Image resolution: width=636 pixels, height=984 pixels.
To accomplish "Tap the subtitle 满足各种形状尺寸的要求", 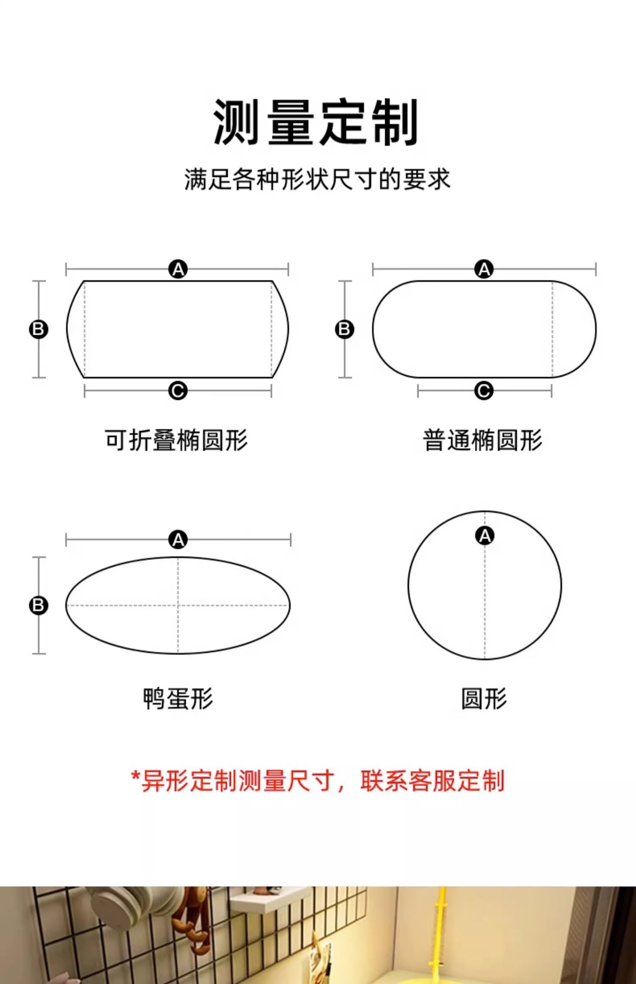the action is coord(317,179).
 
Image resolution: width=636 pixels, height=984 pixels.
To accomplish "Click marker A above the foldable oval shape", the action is coord(178,269).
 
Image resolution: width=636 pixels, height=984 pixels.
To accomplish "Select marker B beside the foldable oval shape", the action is coord(38,329).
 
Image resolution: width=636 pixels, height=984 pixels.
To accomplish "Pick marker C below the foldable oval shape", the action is coord(178,391).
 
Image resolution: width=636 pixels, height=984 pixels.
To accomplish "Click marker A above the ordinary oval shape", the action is coord(484,269).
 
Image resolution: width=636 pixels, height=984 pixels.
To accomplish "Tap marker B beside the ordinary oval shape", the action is coord(345,329).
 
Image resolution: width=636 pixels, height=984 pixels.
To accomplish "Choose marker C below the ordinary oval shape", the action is coord(484,391).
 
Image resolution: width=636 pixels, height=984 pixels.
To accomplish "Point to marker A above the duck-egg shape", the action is coord(178,540).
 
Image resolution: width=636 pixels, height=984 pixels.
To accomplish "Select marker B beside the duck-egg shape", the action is coord(38,605).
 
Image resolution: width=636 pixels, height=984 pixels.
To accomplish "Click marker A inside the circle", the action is coord(485,536).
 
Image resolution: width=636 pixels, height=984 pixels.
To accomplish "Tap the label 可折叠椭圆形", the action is coord(176,440).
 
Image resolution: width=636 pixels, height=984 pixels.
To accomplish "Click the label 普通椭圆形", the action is coord(483,440).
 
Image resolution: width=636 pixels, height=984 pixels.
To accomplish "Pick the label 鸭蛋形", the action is coord(178,699).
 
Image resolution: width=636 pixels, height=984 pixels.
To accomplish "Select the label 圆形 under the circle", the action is coord(484,699).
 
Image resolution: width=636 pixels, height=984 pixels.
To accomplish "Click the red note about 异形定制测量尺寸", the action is coord(318,781).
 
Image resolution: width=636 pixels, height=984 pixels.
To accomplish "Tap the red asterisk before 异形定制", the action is coord(135,776).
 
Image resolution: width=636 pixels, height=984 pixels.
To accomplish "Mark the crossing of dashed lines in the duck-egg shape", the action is coord(178,605).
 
